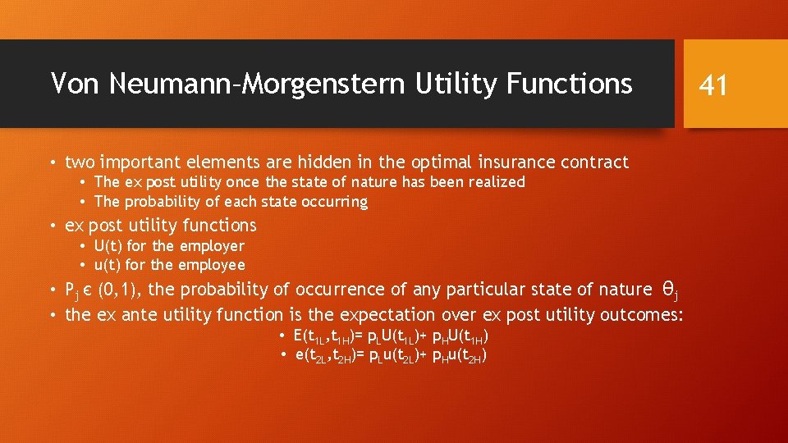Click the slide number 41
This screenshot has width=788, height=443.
pyautogui.click(x=712, y=84)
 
